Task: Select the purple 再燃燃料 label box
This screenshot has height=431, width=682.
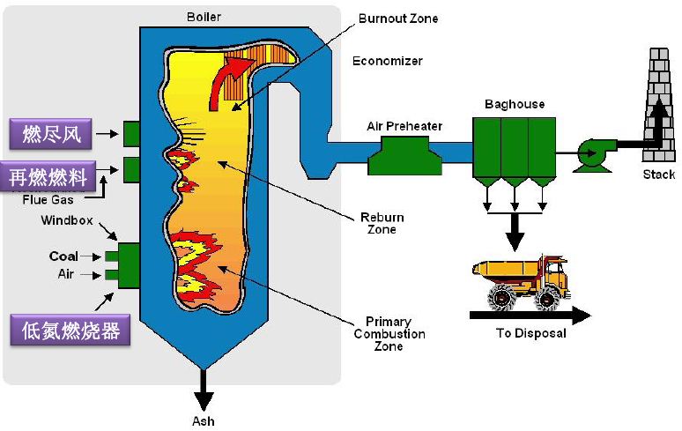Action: pos(48,177)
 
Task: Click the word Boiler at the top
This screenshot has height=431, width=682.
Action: pos(204,16)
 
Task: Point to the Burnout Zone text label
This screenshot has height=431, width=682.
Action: pos(397,19)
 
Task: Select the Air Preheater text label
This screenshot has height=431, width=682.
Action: pos(404,126)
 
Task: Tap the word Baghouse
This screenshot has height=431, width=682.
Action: pos(515,104)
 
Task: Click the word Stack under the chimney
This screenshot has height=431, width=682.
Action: pos(658,175)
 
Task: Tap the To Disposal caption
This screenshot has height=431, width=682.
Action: pos(530,334)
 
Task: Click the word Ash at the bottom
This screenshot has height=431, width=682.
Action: pos(203,420)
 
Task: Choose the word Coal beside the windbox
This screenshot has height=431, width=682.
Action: pos(63,256)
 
